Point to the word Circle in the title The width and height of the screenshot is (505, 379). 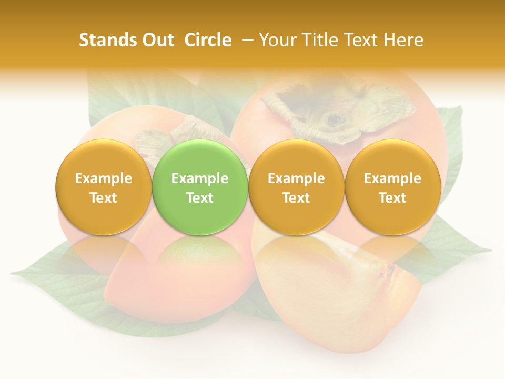pos(208,40)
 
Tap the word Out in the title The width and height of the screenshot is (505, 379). pos(156,40)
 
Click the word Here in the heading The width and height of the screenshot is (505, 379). pos(403,40)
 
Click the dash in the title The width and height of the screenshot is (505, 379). pos(246,40)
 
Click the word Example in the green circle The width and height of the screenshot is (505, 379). pos(200,178)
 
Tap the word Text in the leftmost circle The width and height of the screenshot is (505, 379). pos(103,198)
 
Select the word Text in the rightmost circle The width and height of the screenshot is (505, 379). pos(392,198)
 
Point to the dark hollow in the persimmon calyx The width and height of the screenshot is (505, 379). pos(332,119)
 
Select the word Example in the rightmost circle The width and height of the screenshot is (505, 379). pos(392,178)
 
